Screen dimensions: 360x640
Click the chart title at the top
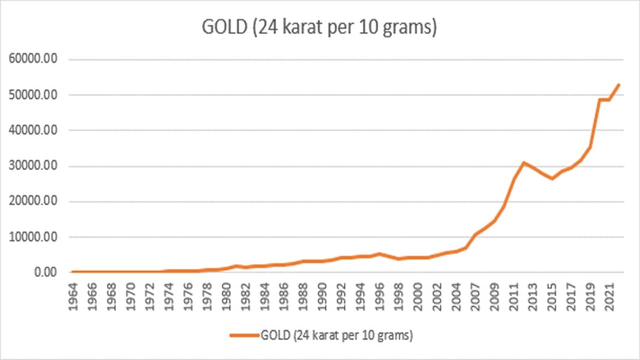319,28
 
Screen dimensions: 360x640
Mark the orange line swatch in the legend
244,336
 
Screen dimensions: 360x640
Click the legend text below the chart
336,336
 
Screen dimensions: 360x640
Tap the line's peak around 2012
523,162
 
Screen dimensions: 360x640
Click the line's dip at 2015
552,178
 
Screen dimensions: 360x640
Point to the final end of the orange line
619,84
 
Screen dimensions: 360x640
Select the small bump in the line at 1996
378,254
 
